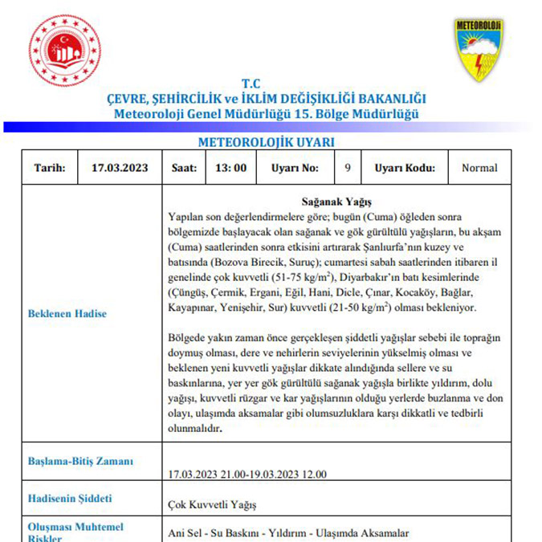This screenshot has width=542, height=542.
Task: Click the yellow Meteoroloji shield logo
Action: [x=479, y=51]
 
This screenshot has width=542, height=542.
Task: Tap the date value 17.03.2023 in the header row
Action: [x=120, y=168]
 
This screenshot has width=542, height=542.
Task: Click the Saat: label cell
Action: [x=184, y=168]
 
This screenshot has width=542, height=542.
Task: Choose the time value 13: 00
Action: [x=230, y=168]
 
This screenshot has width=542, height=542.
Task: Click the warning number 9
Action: [x=347, y=168]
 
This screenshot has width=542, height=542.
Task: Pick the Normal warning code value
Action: [x=479, y=168]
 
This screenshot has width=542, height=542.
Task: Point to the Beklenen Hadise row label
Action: [x=67, y=313]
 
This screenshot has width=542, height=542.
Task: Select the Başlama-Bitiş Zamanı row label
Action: [x=81, y=461]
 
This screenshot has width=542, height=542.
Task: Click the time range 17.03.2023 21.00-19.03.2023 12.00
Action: [x=247, y=474]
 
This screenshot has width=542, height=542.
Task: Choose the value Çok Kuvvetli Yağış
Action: [x=213, y=505]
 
